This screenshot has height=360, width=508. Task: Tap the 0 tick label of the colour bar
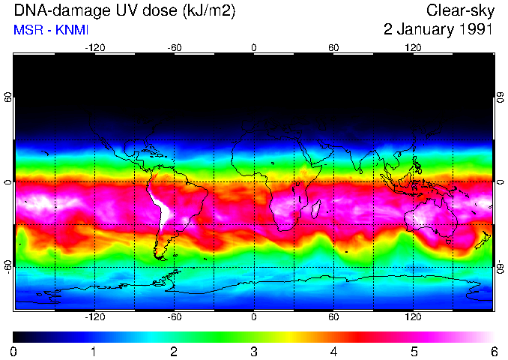14,351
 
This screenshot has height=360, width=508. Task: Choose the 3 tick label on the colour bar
254,351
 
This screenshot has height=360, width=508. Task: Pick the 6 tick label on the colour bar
493,351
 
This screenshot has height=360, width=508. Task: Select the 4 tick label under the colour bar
333,351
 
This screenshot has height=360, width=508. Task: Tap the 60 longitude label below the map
333,316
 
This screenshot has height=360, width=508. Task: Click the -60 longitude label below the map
174,316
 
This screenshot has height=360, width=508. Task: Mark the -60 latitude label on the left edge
8,266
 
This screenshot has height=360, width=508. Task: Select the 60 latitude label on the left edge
8,97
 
